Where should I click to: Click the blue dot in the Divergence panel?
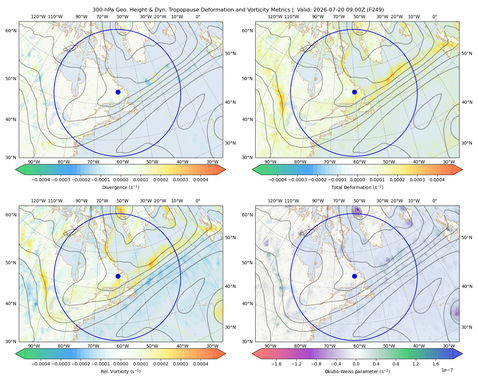pyautogui.click(x=118, y=92)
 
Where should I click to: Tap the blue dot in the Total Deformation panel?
pyautogui.click(x=354, y=92)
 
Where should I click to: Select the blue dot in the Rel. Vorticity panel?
pyautogui.click(x=118, y=276)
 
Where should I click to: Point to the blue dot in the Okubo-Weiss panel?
pyautogui.click(x=354, y=276)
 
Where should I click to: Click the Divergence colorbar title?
pyautogui.click(x=120, y=187)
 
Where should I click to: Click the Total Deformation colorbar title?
pyautogui.click(x=357, y=187)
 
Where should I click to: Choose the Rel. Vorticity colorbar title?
pyautogui.click(x=120, y=371)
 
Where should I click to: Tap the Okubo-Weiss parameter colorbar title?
pyautogui.click(x=357, y=371)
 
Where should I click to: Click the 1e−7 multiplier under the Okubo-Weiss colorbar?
pyautogui.click(x=447, y=370)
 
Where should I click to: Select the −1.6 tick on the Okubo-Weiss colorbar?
pyautogui.click(x=277, y=364)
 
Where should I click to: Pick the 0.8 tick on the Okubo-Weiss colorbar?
pyautogui.click(x=396, y=364)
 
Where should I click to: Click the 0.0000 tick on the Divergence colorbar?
pyautogui.click(x=120, y=180)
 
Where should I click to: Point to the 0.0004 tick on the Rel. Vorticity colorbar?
pyautogui.click(x=200, y=364)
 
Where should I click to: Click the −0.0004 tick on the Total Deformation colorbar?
pyautogui.click(x=278, y=180)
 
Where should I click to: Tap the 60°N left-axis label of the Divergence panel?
pyautogui.click(x=11, y=31)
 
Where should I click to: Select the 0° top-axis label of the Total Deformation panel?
pyautogui.click(x=435, y=17)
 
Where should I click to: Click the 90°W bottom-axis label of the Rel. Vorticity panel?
pyautogui.click(x=34, y=346)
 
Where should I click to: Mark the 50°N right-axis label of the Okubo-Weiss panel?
pyautogui.click(x=467, y=237)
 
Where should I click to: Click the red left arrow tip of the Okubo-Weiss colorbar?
pyautogui.click(x=252, y=354)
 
